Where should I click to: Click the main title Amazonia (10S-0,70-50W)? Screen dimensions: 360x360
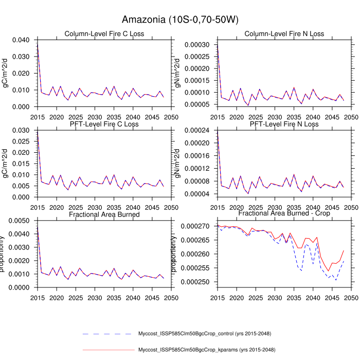[180, 20]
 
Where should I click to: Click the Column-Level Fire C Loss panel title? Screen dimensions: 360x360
[104, 34]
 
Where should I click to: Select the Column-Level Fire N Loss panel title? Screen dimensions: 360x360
[284, 34]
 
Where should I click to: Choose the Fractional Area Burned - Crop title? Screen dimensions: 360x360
[284, 213]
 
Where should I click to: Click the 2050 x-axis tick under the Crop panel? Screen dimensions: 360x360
[351, 297]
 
